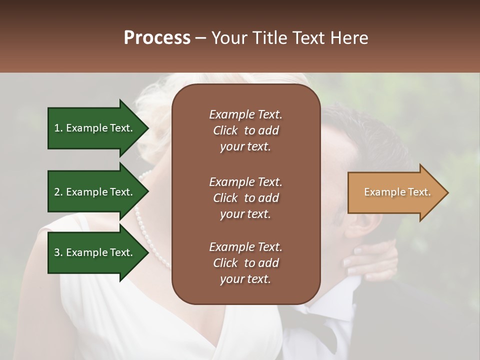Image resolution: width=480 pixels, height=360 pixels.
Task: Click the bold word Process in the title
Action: [157, 38]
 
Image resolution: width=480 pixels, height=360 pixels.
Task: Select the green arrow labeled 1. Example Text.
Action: [95, 128]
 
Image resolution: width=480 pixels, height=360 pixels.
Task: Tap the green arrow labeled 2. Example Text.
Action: [95, 192]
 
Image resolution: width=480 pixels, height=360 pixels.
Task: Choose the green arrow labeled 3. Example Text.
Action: [95, 252]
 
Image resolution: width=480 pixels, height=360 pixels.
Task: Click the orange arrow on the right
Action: [395, 192]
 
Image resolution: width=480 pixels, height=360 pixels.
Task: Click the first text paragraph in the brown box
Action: [245, 130]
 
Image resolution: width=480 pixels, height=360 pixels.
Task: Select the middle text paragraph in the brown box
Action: [245, 197]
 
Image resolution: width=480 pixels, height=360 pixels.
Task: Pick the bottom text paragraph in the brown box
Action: [245, 263]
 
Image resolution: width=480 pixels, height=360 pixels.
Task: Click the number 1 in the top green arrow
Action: [57, 128]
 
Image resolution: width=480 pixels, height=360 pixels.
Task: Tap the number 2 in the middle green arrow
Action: [57, 192]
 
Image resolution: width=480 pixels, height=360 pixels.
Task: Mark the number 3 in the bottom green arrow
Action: [57, 252]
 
